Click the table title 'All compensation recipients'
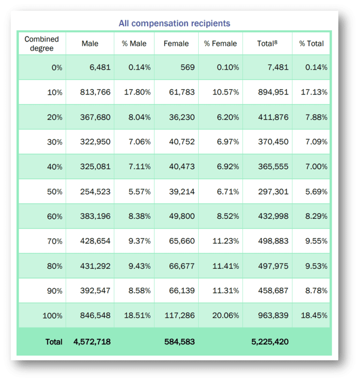click(x=174, y=23)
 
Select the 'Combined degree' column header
click(x=41, y=44)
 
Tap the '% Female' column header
click(x=220, y=44)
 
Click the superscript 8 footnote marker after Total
click(x=276, y=42)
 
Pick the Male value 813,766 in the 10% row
click(x=92, y=92)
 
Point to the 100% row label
click(x=52, y=316)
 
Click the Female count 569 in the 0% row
click(x=187, y=67)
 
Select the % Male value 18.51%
click(x=137, y=316)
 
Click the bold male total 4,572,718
click(x=92, y=342)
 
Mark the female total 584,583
click(x=180, y=342)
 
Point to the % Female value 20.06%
click(x=225, y=316)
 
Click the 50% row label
click(x=54, y=191)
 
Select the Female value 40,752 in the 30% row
click(x=182, y=142)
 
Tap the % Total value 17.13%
click(x=314, y=92)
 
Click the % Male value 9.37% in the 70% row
click(x=139, y=241)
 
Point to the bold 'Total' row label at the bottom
click(x=53, y=342)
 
